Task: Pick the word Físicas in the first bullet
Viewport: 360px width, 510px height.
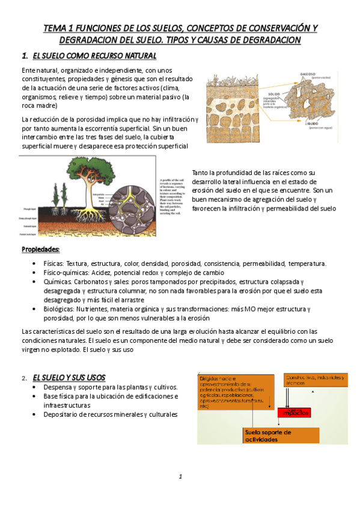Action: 55,263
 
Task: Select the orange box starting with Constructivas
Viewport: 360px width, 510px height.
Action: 315,382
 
